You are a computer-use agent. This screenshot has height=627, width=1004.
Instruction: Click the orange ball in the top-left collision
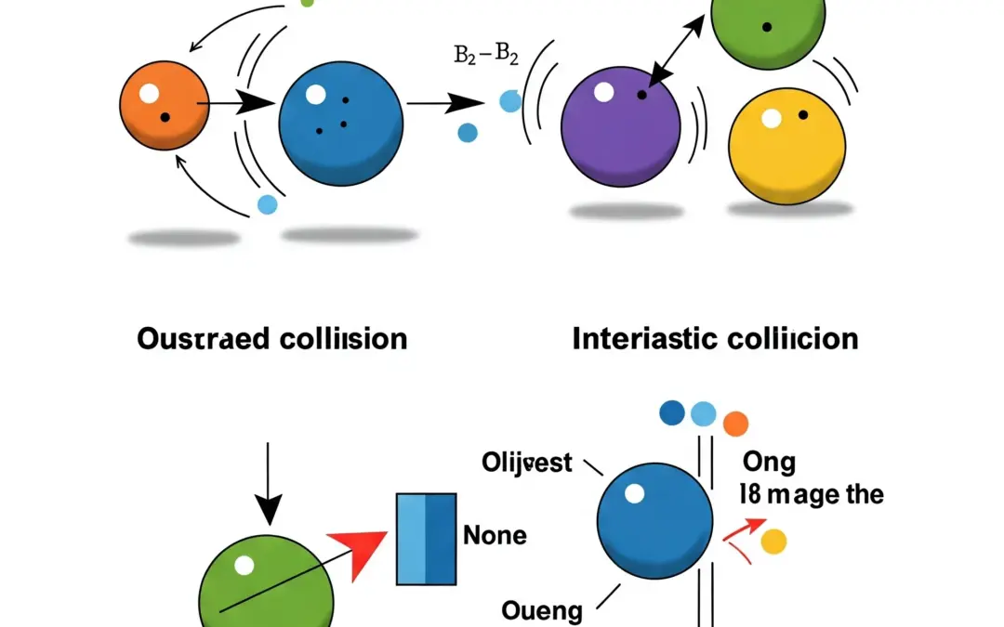click(164, 105)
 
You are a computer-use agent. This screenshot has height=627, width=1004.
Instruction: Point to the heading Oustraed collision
click(271, 339)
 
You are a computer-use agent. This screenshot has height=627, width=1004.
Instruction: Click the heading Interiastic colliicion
click(715, 339)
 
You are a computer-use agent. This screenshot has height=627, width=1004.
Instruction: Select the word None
click(495, 536)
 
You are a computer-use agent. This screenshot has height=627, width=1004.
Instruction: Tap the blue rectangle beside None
click(426, 539)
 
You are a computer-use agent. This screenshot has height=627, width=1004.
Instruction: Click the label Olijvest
click(526, 462)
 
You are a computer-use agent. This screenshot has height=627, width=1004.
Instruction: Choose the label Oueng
click(542, 610)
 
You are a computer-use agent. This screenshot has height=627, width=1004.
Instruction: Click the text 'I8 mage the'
click(811, 494)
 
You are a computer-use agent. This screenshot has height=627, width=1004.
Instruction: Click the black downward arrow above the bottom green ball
click(269, 484)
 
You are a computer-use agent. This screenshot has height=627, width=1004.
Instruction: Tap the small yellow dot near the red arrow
click(773, 542)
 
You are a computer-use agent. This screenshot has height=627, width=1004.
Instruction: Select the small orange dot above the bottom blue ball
click(735, 424)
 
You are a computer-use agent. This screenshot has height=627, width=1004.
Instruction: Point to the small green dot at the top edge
click(308, 3)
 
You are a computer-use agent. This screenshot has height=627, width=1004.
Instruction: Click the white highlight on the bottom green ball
click(244, 564)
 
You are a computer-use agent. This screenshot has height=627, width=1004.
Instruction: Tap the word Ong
click(769, 462)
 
